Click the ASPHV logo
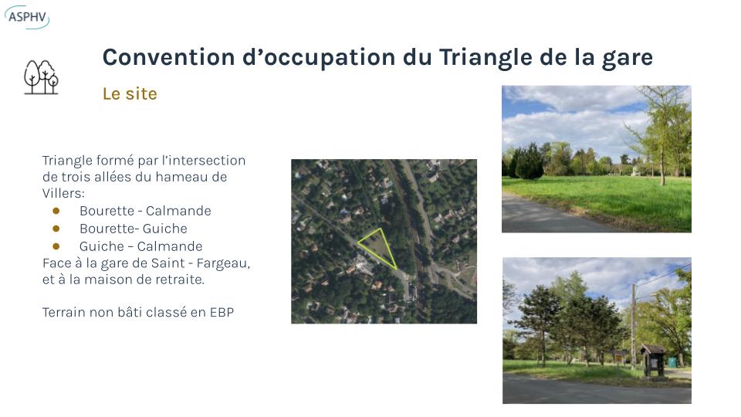click(x=27, y=17)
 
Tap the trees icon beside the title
click(x=42, y=77)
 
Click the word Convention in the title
click(x=169, y=57)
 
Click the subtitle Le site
click(x=130, y=93)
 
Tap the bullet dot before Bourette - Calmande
click(x=56, y=211)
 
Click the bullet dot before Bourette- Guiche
click(x=56, y=229)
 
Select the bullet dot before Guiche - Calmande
click(x=56, y=246)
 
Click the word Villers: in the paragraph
click(x=63, y=193)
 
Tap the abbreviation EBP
click(x=222, y=313)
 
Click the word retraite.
click(x=181, y=280)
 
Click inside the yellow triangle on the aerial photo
click(x=380, y=246)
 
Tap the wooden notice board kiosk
click(x=654, y=361)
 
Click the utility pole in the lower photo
click(x=634, y=327)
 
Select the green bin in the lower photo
click(x=672, y=362)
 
